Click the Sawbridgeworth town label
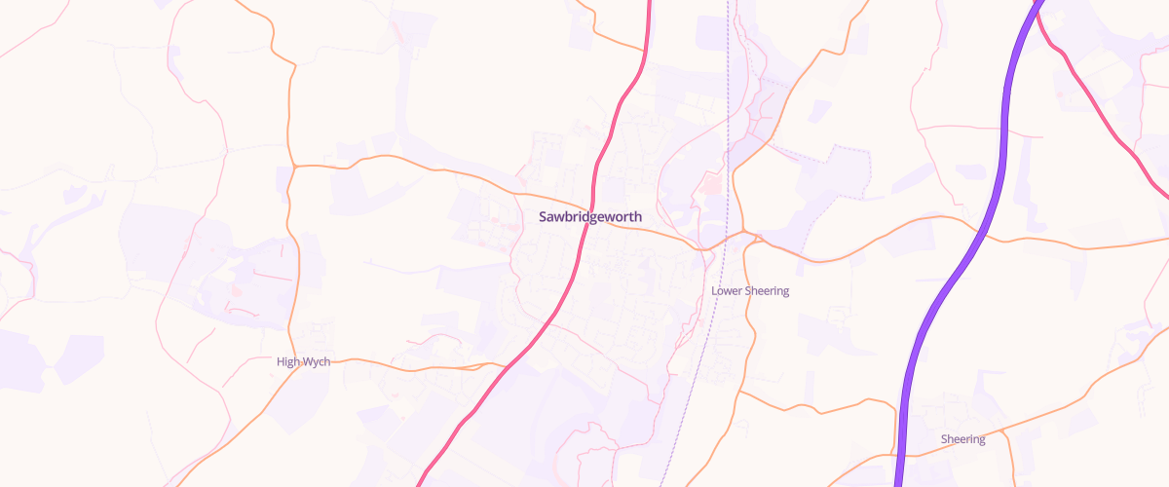pyautogui.click(x=589, y=217)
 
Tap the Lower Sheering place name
pyautogui.click(x=750, y=291)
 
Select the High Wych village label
pyautogui.click(x=303, y=362)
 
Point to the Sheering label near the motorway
pyautogui.click(x=962, y=439)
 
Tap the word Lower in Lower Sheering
pyautogui.click(x=726, y=291)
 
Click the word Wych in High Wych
pyautogui.click(x=317, y=362)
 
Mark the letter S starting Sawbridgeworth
pyautogui.click(x=543, y=217)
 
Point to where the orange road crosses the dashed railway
pyautogui.click(x=719, y=243)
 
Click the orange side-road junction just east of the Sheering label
pyautogui.click(x=1003, y=430)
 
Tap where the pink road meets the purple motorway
pyautogui.click(x=1036, y=8)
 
